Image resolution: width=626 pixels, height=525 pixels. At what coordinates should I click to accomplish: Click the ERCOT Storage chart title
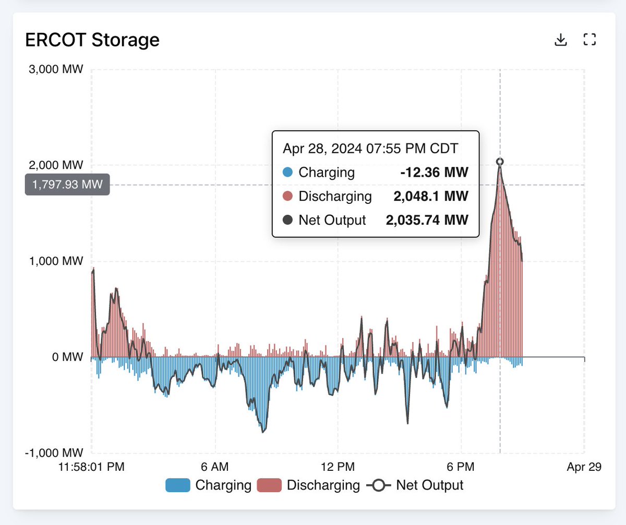pos(92,40)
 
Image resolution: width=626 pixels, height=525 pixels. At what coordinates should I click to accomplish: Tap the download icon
pos(561,40)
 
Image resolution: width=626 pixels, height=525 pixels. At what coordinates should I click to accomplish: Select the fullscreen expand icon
pos(589,40)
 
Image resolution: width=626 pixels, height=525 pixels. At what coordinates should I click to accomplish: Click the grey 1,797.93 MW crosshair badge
pos(67,185)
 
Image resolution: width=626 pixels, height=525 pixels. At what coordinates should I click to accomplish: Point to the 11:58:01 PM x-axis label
pos(92,467)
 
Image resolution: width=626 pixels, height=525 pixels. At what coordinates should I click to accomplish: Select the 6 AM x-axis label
pos(215,467)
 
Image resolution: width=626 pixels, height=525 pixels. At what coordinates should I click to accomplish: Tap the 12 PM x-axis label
pos(338,467)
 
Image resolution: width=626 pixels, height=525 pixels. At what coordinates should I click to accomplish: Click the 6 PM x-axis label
pos(461,467)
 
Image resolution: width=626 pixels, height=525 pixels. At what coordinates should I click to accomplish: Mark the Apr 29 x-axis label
pos(584,467)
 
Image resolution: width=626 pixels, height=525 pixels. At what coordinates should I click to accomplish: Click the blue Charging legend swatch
pos(178,485)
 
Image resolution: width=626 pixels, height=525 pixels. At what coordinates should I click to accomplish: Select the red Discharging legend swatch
pos(270,485)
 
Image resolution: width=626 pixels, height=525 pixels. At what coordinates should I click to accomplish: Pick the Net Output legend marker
pos(379,485)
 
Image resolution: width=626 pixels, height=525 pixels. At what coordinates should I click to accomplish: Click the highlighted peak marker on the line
pos(500,162)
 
